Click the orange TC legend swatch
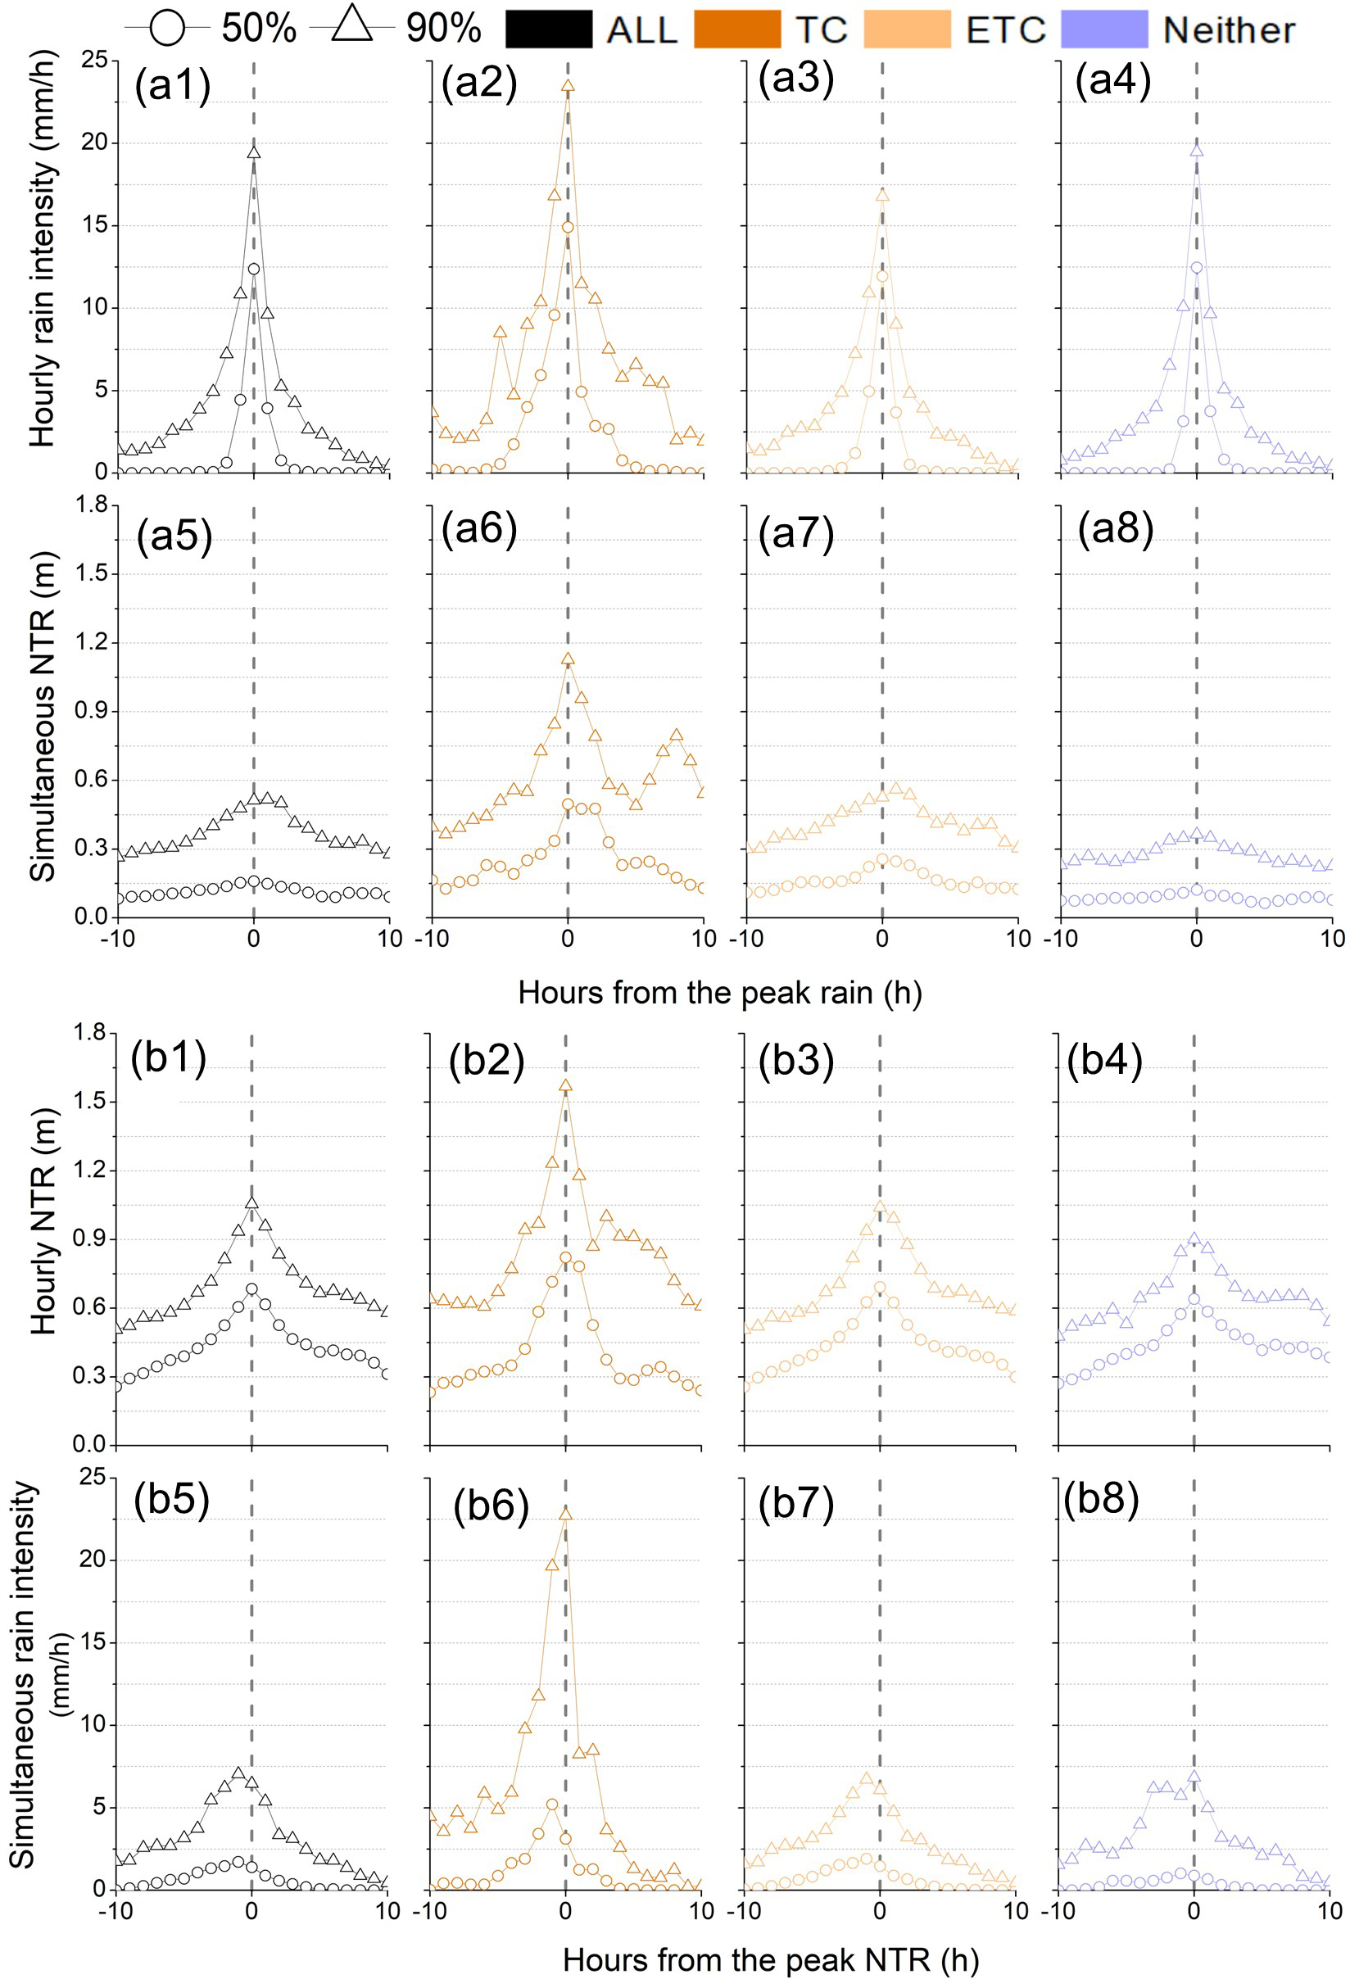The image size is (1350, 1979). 736,29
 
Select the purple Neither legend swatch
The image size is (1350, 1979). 1105,29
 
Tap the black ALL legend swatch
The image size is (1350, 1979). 549,29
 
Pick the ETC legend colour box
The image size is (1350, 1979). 907,29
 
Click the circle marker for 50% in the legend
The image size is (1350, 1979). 167,29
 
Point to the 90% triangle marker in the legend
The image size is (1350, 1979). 351,26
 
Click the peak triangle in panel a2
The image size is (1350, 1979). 569,85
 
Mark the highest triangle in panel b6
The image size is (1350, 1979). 564,1513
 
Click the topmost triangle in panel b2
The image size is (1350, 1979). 564,1085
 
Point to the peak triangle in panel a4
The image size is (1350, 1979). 1197,151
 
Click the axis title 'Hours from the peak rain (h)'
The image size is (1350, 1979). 720,993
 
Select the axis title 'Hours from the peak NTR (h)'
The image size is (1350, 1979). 770,1960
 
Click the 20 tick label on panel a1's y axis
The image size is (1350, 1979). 93,143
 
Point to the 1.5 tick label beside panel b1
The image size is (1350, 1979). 88,1101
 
